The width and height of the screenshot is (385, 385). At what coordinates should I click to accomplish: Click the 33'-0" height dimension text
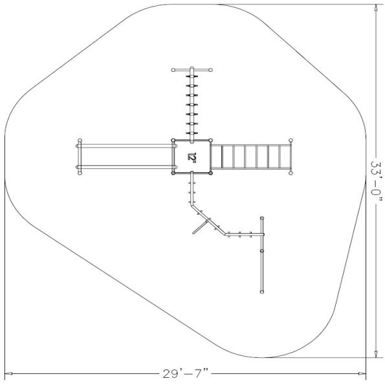pos(377,181)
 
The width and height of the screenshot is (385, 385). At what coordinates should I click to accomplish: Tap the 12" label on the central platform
pos(192,157)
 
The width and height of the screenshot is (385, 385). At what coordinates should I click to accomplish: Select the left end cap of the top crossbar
pos(173,70)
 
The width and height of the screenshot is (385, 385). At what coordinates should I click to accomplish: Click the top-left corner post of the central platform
pos(173,140)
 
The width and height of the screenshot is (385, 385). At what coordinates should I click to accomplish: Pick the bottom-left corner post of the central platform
pos(173,173)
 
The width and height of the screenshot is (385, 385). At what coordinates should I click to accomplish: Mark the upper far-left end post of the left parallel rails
pos(80,140)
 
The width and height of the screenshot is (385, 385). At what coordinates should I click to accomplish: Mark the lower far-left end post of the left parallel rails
pos(80,172)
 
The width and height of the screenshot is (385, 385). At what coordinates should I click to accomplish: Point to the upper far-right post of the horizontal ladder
pos(291,140)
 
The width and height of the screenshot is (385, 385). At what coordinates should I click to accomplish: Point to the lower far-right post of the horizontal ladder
pos(291,172)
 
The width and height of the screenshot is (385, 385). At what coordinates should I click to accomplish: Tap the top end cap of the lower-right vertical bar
pos(262,218)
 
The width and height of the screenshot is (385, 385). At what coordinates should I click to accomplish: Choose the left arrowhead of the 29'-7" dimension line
pos(8,374)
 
